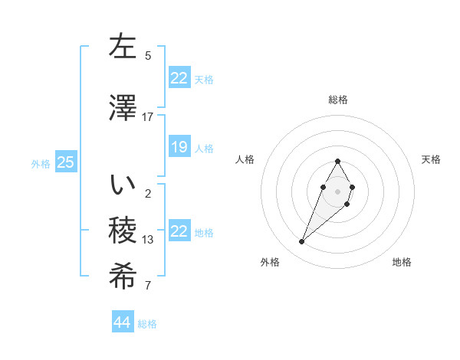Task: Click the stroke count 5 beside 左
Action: pyautogui.click(x=148, y=55)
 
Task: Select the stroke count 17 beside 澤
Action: pyautogui.click(x=147, y=116)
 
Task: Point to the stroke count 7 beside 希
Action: pyautogui.click(x=148, y=286)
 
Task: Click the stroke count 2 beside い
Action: pyautogui.click(x=148, y=193)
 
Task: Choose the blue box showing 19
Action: pyautogui.click(x=179, y=146)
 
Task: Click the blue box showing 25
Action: pyautogui.click(x=65, y=162)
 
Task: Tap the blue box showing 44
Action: pyautogui.click(x=122, y=322)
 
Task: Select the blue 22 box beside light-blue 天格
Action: pyautogui.click(x=179, y=77)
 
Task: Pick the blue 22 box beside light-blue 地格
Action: pyautogui.click(x=179, y=231)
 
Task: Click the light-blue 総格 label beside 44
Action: pyautogui.click(x=147, y=324)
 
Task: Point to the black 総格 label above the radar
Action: pyautogui.click(x=337, y=100)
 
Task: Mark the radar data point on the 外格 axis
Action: pyautogui.click(x=302, y=242)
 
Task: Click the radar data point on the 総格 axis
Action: pyautogui.click(x=337, y=161)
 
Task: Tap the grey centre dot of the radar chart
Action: pyautogui.click(x=337, y=191)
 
